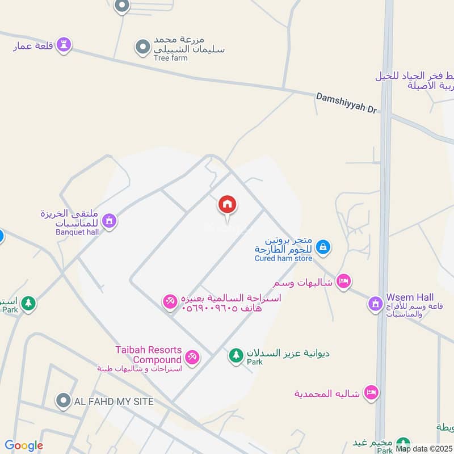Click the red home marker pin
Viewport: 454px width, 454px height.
(x=228, y=205)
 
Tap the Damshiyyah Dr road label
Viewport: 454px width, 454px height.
(x=346, y=103)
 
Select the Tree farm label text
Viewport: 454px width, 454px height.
(x=170, y=58)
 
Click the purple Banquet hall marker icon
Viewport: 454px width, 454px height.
(x=110, y=220)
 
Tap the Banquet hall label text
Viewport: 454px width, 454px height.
(x=77, y=232)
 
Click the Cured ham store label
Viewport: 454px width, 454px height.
(x=283, y=259)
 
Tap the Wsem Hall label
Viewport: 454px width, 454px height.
(x=410, y=297)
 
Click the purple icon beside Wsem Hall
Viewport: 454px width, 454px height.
(x=375, y=304)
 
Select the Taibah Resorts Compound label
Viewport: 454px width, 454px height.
(x=148, y=355)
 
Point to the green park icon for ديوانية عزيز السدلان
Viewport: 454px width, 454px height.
(x=236, y=356)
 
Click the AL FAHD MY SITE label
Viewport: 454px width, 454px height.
(x=114, y=402)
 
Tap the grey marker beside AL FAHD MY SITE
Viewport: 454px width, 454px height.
(x=62, y=401)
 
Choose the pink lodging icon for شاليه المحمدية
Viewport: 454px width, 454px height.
(x=371, y=392)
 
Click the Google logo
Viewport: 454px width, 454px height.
(x=24, y=445)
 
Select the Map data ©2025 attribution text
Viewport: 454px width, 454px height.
(x=423, y=449)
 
